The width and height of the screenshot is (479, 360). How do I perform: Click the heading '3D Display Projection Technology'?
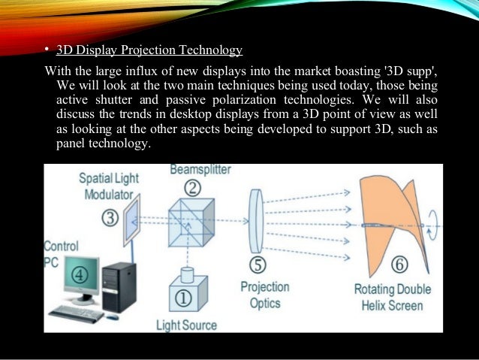149,50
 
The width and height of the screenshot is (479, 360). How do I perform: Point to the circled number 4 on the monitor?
79,274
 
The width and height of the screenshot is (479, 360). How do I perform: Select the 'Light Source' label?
186,325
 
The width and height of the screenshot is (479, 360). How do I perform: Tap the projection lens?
256,219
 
